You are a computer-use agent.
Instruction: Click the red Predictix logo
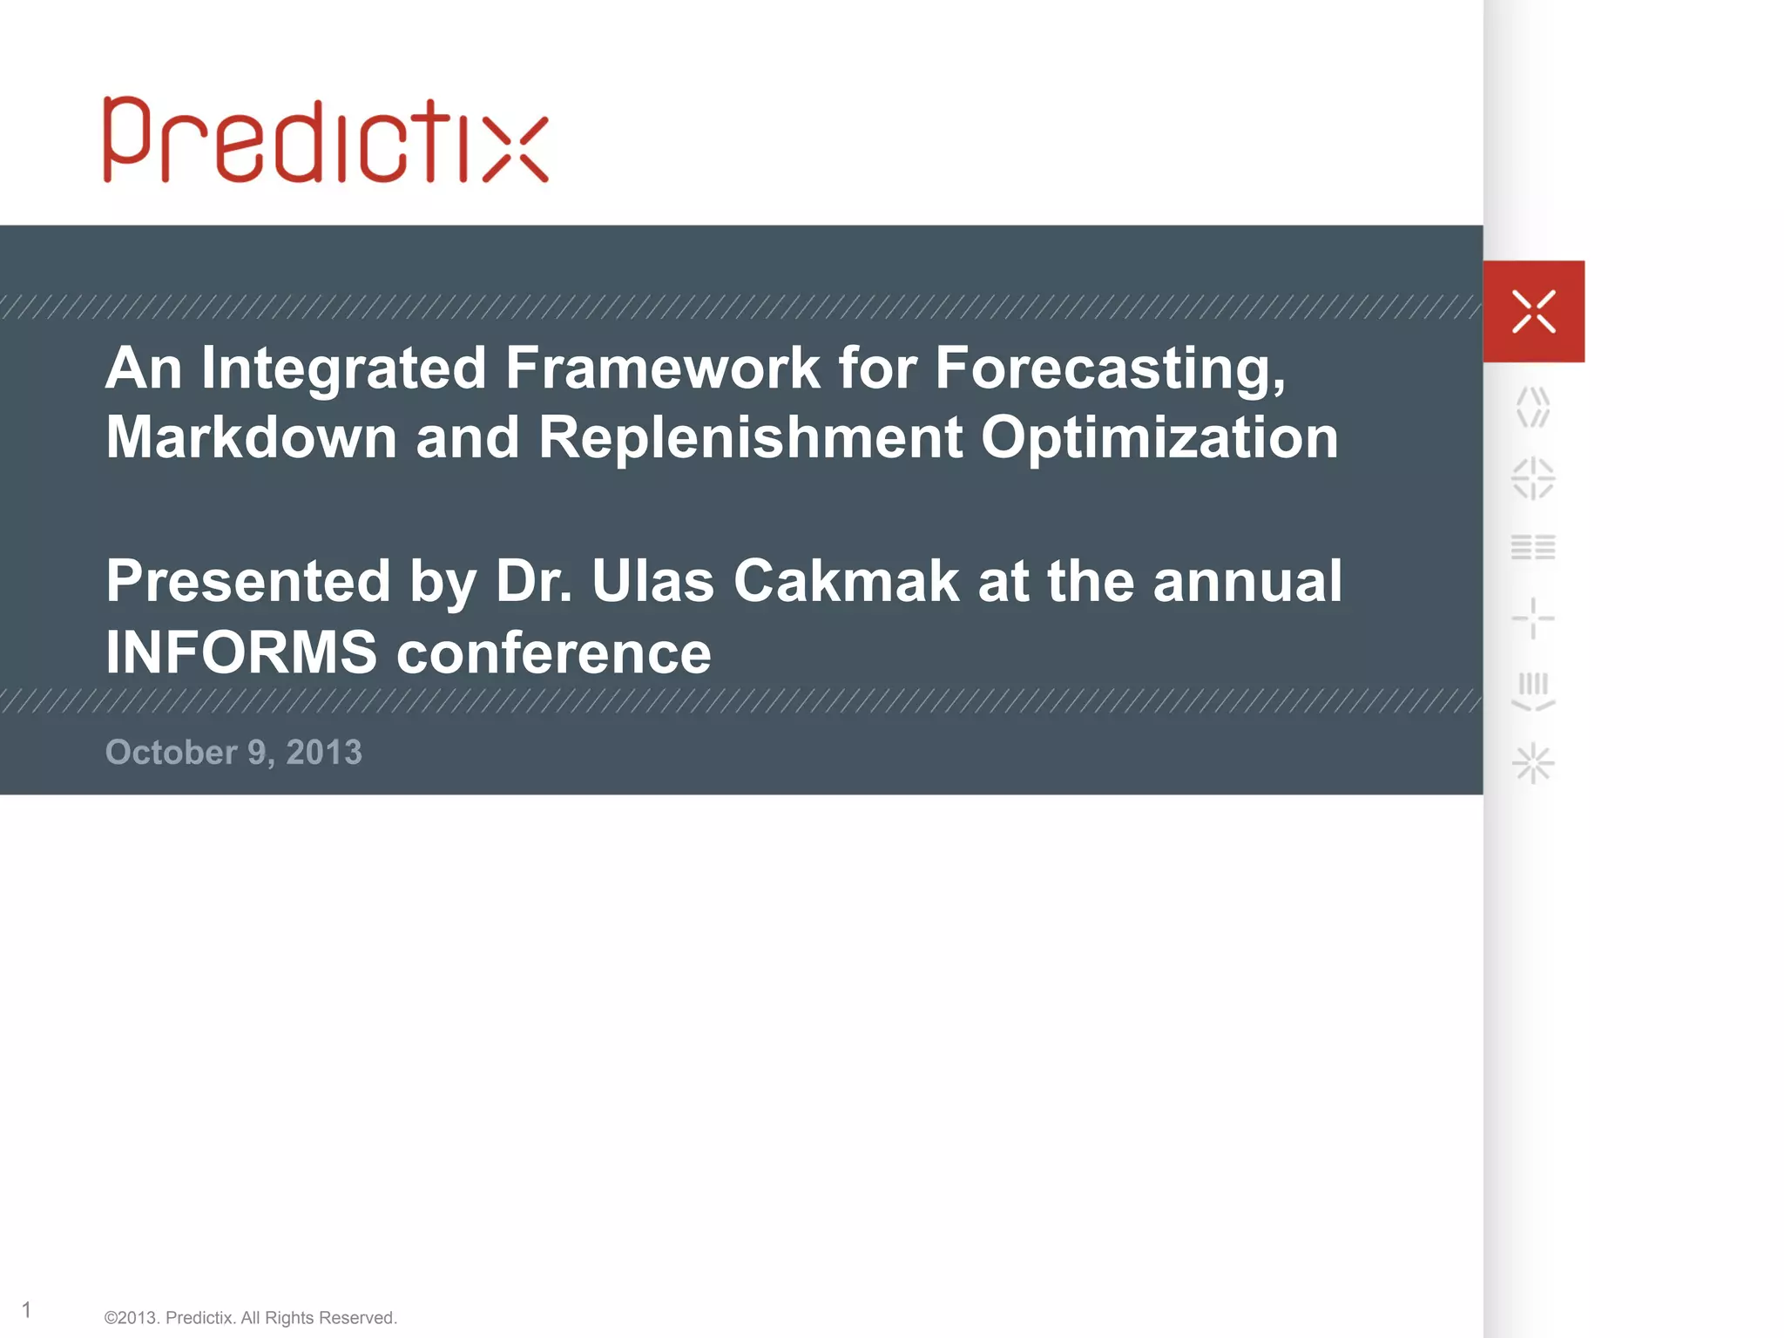click(x=326, y=141)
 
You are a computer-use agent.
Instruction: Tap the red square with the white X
click(x=1533, y=311)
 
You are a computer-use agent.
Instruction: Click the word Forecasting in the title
click(x=1110, y=368)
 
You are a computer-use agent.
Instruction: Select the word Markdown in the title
click(x=251, y=437)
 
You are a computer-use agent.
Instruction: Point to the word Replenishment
click(x=750, y=437)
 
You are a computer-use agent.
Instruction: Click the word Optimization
click(x=1159, y=437)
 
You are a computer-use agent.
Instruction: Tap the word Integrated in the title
click(x=343, y=368)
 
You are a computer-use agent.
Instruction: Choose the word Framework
click(x=662, y=368)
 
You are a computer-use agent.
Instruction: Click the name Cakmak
click(x=845, y=581)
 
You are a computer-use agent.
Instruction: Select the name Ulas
click(x=652, y=581)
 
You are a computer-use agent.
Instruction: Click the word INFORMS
click(x=241, y=652)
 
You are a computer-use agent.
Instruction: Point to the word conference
click(x=554, y=652)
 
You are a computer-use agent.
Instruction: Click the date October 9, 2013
click(x=233, y=753)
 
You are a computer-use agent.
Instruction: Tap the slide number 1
click(x=27, y=1309)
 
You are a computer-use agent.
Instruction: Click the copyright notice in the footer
click(x=250, y=1318)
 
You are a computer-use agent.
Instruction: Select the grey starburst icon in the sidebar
click(x=1533, y=764)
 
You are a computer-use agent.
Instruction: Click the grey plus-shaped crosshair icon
click(x=1533, y=618)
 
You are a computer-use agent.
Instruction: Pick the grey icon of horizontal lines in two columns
click(x=1533, y=547)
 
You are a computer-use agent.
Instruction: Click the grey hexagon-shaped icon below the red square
click(x=1533, y=408)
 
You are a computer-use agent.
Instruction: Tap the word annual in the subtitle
click(x=1247, y=581)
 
